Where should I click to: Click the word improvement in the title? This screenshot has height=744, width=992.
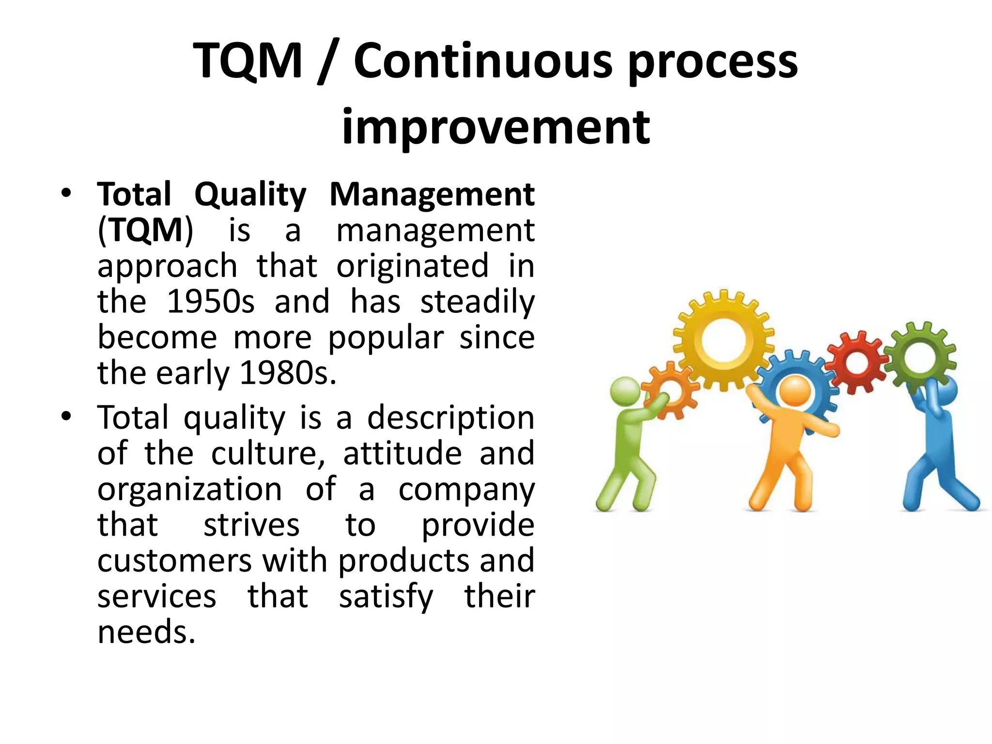[x=496, y=127]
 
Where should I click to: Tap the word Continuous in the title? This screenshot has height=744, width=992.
[x=483, y=62]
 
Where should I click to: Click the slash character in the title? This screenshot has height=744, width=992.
[x=328, y=62]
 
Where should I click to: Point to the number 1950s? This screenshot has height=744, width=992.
[x=210, y=302]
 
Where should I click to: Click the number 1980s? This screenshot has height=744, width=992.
[x=288, y=373]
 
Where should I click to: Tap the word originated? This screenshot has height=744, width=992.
[x=412, y=266]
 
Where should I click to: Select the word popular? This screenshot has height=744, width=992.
[x=386, y=338]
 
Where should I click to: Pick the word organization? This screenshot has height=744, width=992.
[x=189, y=489]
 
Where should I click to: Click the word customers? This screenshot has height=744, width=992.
[x=174, y=561]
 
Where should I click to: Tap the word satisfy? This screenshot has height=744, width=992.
[x=386, y=597]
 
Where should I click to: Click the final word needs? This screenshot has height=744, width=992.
[x=146, y=632]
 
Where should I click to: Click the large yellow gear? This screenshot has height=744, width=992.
[x=723, y=340]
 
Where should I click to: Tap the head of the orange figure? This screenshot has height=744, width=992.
[x=795, y=390]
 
